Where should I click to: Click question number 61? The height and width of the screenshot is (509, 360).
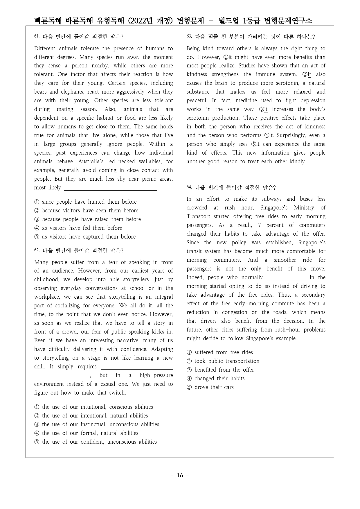[x=37, y=36]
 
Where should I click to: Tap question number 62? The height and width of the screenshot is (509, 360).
[x=37, y=250]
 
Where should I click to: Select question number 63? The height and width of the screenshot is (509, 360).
[x=189, y=36]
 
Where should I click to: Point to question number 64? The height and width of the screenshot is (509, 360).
[x=189, y=187]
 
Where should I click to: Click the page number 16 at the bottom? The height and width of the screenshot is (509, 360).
[x=180, y=475]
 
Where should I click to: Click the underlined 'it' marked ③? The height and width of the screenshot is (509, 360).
[x=265, y=110]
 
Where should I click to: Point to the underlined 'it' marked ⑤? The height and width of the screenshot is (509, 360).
[x=258, y=144]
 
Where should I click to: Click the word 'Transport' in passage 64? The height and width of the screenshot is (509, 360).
[x=199, y=216]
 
